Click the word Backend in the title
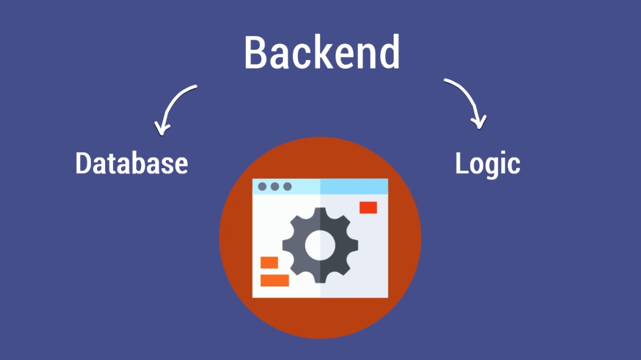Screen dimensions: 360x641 pyautogui.click(x=322, y=53)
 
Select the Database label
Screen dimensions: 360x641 pyautogui.click(x=131, y=163)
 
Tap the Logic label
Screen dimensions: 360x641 pyautogui.click(x=487, y=164)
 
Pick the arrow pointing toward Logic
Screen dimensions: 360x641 pyautogui.click(x=468, y=100)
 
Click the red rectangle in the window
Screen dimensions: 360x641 pyautogui.click(x=368, y=207)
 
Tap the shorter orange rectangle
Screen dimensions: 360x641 pyautogui.click(x=269, y=262)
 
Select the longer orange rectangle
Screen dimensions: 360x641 pyautogui.click(x=274, y=280)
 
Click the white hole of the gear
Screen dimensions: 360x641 pyautogui.click(x=320, y=245)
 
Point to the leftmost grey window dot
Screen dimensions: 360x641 pyautogui.click(x=262, y=186)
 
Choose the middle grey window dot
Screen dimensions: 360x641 pyautogui.click(x=274, y=186)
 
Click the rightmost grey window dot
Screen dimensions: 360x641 pyautogui.click(x=287, y=186)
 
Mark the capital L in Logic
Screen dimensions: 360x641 pyautogui.click(x=461, y=163)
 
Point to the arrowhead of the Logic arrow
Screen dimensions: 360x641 pyautogui.click(x=480, y=123)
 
